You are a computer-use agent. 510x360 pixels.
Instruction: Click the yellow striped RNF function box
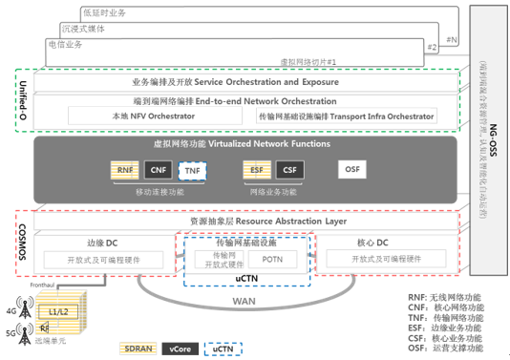(x=125, y=170)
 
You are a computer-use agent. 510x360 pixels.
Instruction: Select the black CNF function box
(x=159, y=170)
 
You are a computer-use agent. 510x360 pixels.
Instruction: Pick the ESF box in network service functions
(x=257, y=170)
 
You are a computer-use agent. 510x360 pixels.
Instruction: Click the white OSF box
(x=351, y=170)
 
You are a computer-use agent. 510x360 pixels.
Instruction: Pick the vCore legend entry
(x=180, y=348)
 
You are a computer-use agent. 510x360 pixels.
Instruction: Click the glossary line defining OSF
(x=446, y=348)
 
